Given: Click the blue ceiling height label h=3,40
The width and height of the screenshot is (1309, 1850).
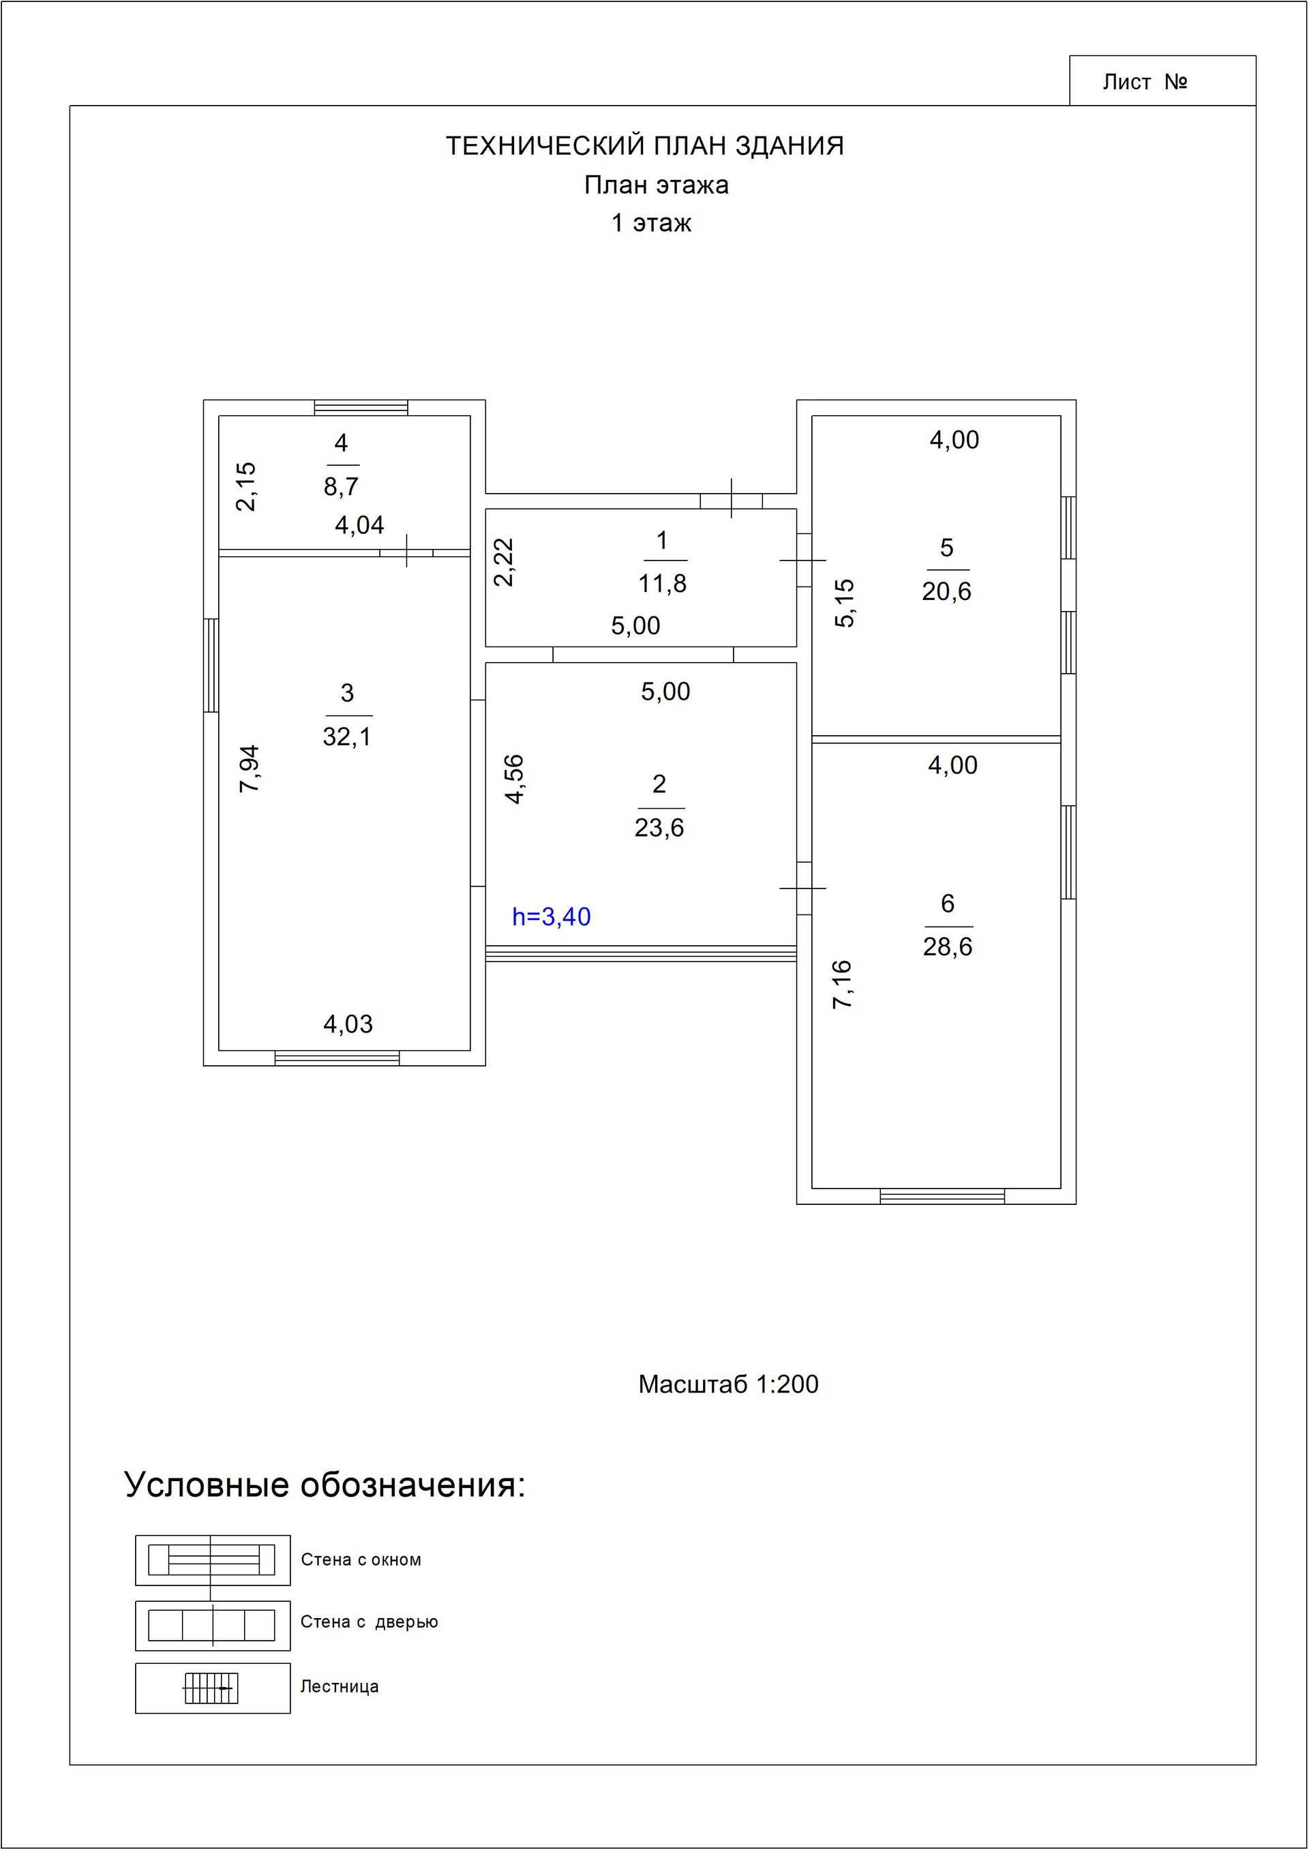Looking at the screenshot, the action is [552, 916].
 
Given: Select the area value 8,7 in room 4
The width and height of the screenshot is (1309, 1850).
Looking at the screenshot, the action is [341, 486].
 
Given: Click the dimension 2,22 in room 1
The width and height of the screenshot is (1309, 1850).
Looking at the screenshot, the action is [504, 562].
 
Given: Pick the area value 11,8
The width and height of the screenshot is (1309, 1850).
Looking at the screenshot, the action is [662, 583].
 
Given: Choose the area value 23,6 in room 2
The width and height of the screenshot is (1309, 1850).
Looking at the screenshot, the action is [659, 827].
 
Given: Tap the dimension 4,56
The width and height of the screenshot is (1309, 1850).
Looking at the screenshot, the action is [514, 779].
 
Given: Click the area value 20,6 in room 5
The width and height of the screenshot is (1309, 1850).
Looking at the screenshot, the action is [946, 592].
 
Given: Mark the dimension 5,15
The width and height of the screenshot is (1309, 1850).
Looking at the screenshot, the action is [844, 603].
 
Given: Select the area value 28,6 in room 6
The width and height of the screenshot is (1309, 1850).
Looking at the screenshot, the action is [947, 946].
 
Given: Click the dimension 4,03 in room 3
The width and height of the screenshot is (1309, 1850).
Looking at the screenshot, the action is [348, 1024].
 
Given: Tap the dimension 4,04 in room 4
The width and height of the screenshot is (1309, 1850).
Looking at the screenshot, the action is [359, 526].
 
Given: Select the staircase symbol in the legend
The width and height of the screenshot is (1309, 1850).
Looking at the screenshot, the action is [211, 1687].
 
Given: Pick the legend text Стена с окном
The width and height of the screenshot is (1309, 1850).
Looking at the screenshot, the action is [361, 1560].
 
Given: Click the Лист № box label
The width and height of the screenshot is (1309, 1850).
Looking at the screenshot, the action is [1145, 83].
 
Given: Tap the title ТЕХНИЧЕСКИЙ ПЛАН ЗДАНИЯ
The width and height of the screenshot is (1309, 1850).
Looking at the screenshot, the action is [645, 146].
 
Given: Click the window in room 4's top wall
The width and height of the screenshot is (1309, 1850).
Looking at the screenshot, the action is [361, 408].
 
